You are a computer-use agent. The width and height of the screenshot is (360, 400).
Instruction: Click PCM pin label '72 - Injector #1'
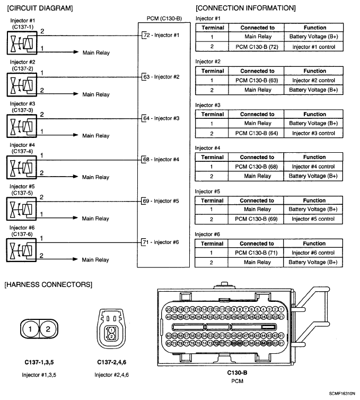[162, 35]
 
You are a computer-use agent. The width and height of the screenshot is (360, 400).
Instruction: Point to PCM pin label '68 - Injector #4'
[162, 159]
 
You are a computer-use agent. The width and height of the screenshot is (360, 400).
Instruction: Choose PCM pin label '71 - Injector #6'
[162, 242]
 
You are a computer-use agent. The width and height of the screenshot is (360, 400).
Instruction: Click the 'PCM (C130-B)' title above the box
[164, 19]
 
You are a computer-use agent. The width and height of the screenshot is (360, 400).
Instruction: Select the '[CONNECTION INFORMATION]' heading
[245, 8]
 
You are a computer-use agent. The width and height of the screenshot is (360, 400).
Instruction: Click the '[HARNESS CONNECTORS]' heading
[48, 285]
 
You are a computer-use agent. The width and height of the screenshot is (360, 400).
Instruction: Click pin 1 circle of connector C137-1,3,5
[31, 329]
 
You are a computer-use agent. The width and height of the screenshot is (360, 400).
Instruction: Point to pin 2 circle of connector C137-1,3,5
[48, 329]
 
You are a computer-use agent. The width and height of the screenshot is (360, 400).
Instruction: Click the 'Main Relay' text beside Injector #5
[95, 219]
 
